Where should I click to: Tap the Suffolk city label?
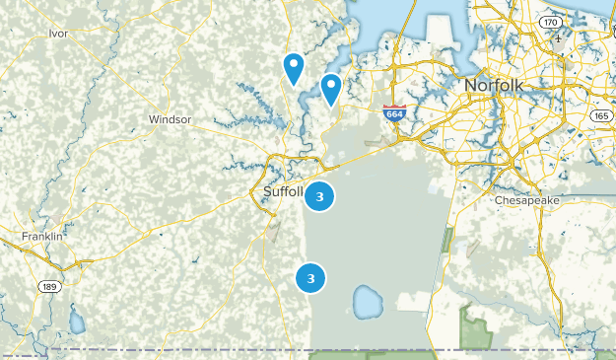pos(284,190)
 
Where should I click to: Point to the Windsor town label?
pos(170,119)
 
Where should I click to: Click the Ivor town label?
pos(58,33)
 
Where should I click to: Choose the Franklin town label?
pos(42,237)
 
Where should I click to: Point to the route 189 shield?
pos(48,285)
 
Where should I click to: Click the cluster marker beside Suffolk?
pos(319,195)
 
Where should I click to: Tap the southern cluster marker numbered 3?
pos(310,278)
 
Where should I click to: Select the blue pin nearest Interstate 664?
pos(331,89)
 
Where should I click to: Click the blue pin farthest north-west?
pos(293,67)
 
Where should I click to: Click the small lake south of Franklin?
pos(77,323)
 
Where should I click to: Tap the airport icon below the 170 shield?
pos(558,42)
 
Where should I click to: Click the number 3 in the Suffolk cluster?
pos(319,195)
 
